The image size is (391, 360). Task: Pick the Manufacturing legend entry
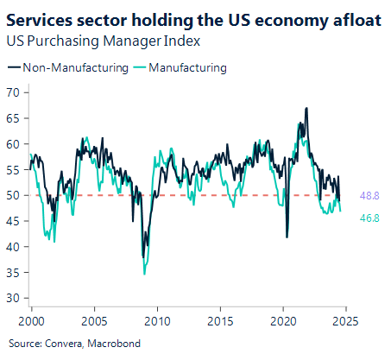click(x=187, y=66)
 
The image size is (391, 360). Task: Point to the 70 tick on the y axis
click(x=13, y=92)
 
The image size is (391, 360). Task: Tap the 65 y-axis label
click(x=13, y=118)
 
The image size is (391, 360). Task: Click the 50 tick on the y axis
click(x=13, y=195)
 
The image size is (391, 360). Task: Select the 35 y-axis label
click(x=13, y=272)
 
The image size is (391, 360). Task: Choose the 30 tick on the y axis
click(x=13, y=298)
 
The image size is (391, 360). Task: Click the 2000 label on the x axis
click(x=31, y=320)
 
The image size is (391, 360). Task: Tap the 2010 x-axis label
click(x=157, y=320)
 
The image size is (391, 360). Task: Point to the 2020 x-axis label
click(x=283, y=320)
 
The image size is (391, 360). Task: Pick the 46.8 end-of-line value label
click(x=369, y=218)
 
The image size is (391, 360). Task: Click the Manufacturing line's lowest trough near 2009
click(x=144, y=274)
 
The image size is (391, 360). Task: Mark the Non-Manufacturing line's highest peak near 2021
click(x=306, y=108)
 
